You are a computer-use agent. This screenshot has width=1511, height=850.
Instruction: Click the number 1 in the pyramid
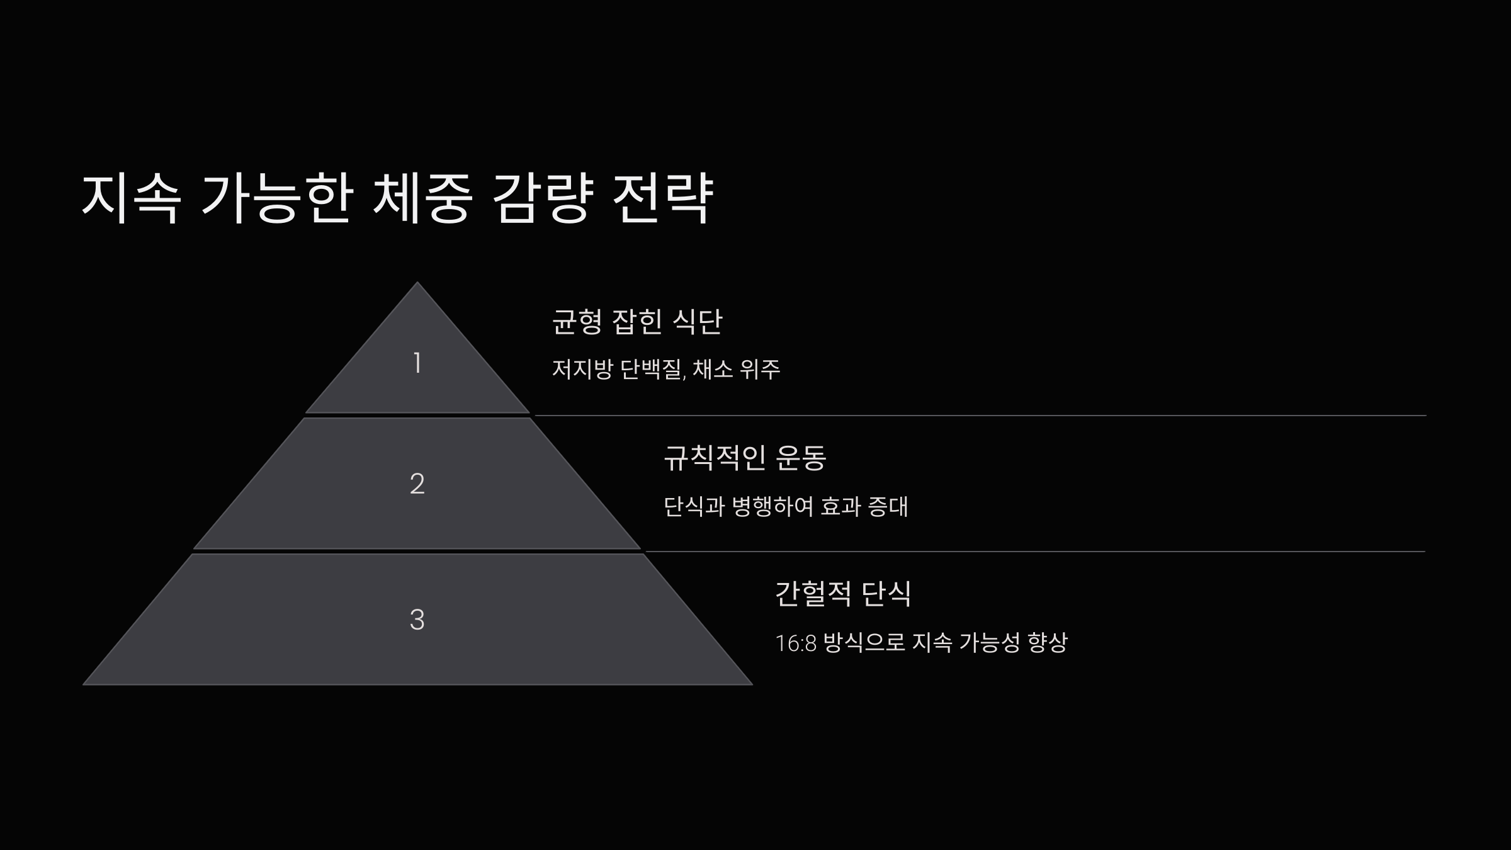coord(417,363)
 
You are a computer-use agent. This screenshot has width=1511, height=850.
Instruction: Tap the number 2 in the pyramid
coord(417,484)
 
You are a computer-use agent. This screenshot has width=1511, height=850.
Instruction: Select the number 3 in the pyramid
coord(417,620)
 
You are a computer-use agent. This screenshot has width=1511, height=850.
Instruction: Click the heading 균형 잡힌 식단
coord(637,321)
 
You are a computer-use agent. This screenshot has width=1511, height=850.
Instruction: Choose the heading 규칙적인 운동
coord(745,457)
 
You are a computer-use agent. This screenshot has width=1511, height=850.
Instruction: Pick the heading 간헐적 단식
coord(843,593)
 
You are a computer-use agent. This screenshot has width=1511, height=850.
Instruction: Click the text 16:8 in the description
coord(796,643)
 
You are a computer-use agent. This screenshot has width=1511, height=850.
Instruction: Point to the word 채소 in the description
coord(713,369)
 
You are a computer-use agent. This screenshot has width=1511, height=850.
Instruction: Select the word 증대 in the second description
coord(888,506)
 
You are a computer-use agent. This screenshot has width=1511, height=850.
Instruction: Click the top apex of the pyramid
coord(417,285)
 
